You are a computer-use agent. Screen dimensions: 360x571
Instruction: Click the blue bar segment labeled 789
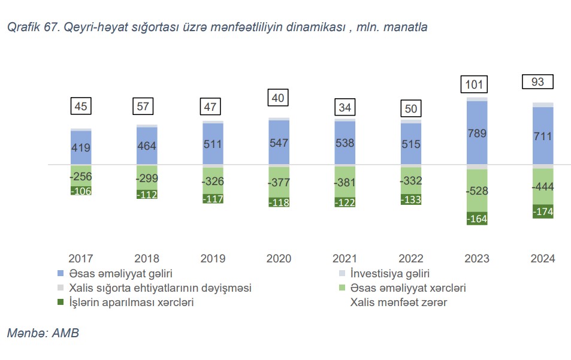477,132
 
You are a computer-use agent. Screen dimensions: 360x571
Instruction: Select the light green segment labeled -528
477,191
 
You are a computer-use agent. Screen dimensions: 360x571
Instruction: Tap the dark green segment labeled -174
543,211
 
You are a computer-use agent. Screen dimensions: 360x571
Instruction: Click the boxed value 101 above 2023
474,84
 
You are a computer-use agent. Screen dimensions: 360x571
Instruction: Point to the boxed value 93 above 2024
537,81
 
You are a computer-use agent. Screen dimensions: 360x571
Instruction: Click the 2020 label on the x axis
279,259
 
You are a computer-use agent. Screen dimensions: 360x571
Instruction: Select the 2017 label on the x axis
81,259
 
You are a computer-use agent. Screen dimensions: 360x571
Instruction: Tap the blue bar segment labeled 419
81,147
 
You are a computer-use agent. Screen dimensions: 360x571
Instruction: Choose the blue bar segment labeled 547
279,143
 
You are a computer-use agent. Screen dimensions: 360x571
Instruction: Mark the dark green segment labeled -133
411,199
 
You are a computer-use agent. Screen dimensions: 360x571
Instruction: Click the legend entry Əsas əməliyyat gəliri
117,274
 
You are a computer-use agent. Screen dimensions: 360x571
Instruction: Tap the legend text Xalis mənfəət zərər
398,302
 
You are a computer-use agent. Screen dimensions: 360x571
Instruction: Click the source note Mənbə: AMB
43,334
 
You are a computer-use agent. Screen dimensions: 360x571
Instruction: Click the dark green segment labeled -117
213,199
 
